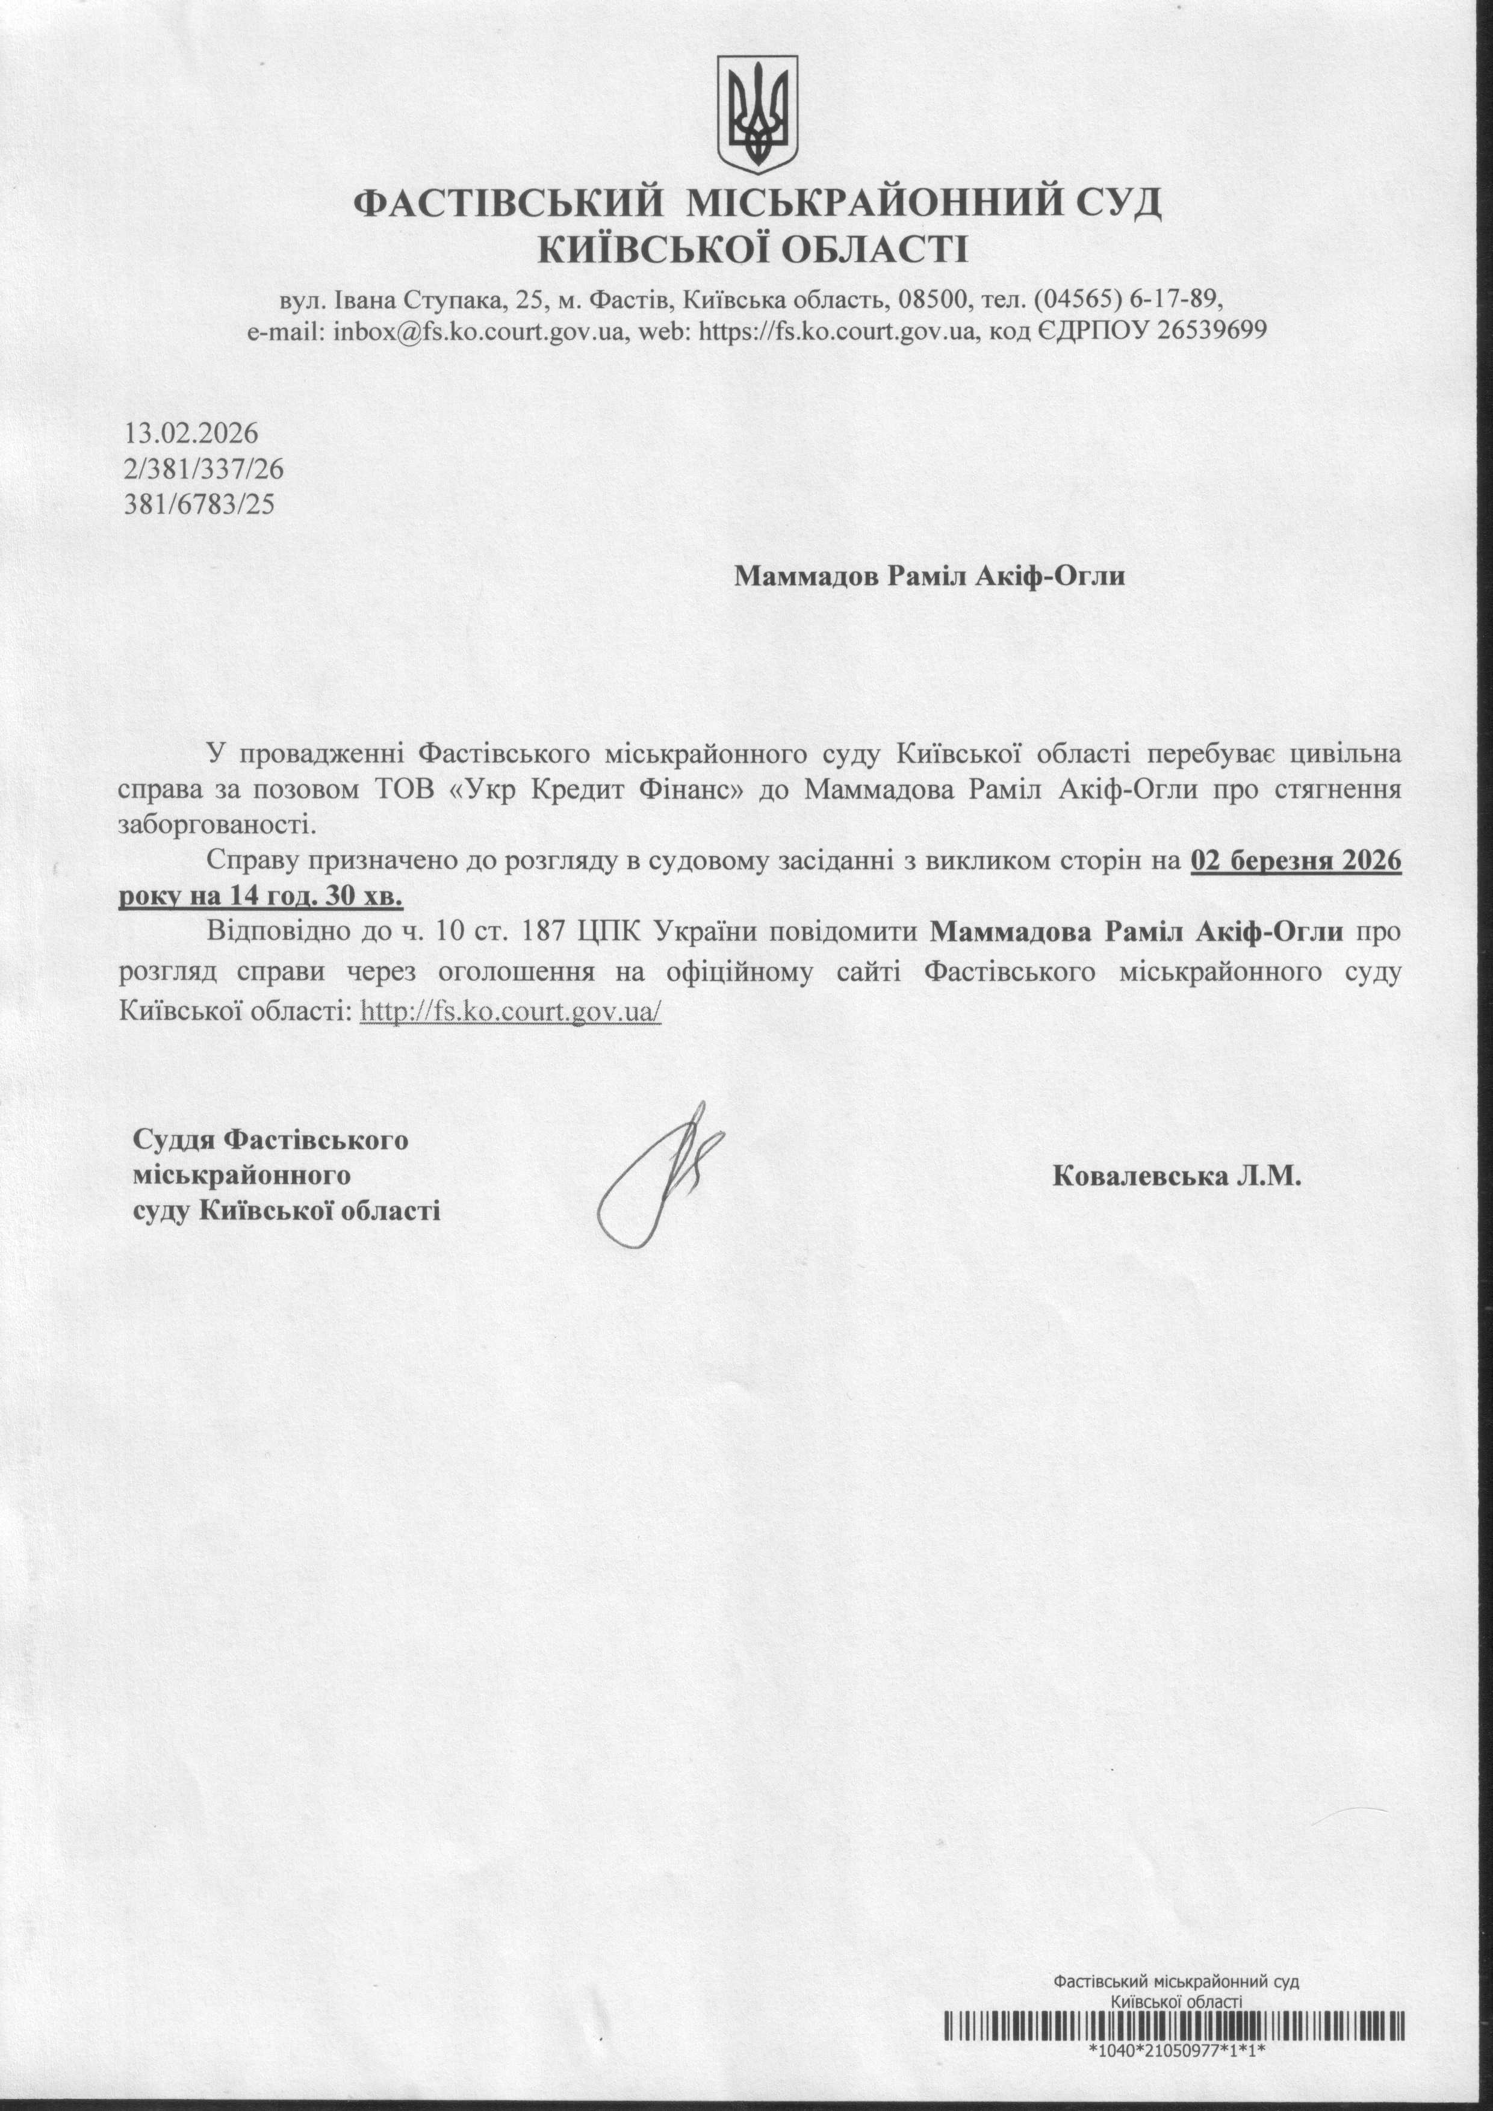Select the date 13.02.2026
(x=192, y=433)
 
